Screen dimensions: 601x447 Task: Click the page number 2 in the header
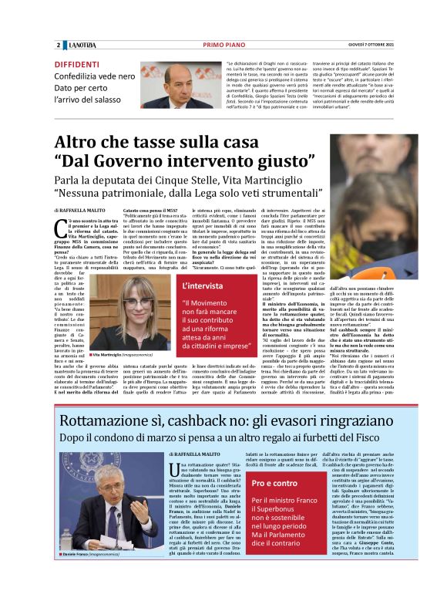(58, 45)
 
